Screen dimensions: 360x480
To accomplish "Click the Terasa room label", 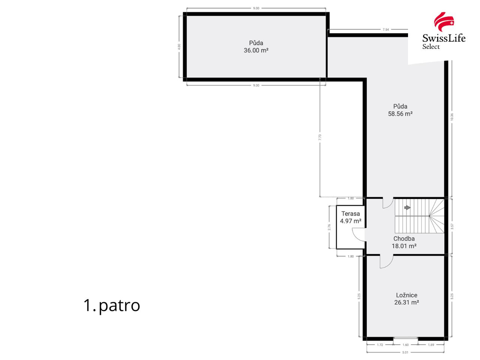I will click(x=350, y=214).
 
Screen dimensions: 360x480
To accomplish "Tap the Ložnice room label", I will click(x=406, y=295).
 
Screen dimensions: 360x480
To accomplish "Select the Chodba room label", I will click(x=404, y=238).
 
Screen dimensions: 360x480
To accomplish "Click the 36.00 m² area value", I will click(x=256, y=50).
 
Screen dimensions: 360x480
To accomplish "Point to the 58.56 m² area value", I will click(x=400, y=114).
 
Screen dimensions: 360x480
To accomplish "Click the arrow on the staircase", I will click(x=407, y=207).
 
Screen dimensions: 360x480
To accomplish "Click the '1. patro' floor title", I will click(x=111, y=305).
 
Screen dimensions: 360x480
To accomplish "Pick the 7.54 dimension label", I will click(x=385, y=29).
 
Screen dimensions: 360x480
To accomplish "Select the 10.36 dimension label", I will click(x=452, y=117).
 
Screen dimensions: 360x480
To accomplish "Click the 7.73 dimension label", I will click(x=320, y=137).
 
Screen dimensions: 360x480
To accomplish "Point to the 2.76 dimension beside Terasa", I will click(x=329, y=227).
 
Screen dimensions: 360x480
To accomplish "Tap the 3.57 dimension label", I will click(x=452, y=226).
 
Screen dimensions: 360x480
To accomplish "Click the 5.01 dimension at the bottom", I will click(x=405, y=352).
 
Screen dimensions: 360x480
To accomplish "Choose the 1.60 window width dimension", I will click(x=405, y=345).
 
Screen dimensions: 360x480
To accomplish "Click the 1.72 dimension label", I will click(x=379, y=345).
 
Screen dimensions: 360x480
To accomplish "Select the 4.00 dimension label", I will click(x=179, y=46).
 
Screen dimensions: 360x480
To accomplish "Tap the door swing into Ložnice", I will click(x=386, y=262).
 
